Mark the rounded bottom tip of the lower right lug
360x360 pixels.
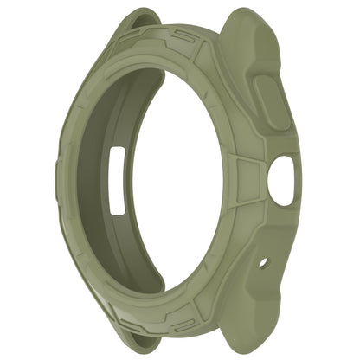pyautogui.click(x=244, y=347)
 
